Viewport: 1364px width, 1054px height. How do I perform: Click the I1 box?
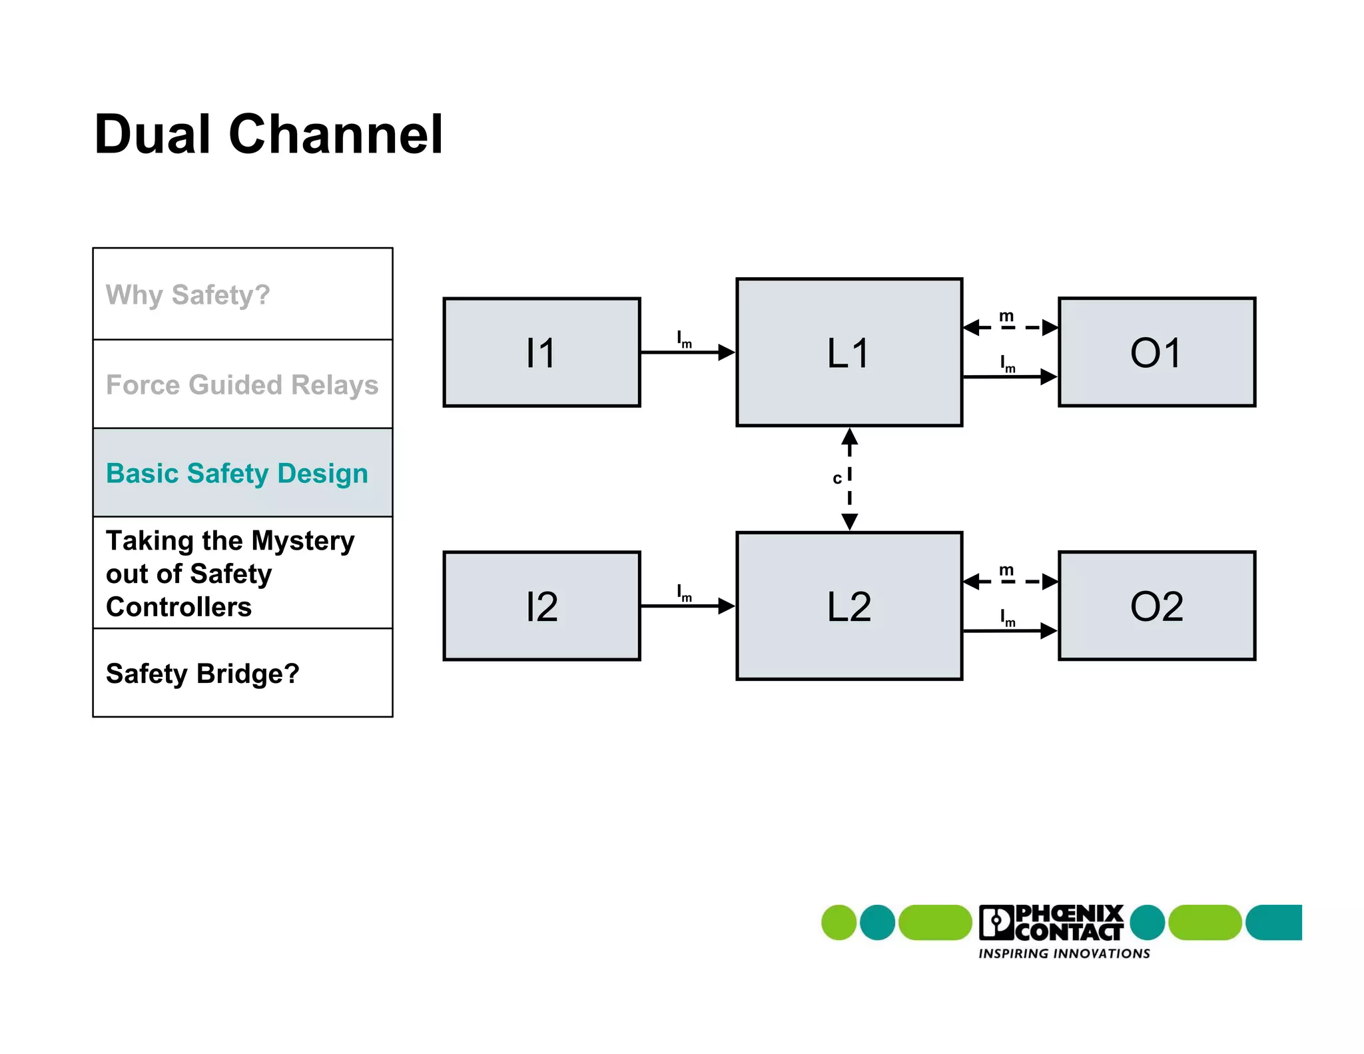(541, 352)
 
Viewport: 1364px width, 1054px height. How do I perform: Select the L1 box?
(849, 352)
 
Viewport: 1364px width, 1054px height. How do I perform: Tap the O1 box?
(1157, 352)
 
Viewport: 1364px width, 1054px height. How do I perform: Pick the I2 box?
(541, 606)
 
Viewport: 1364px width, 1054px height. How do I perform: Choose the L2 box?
(849, 606)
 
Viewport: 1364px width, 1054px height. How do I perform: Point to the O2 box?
(1157, 606)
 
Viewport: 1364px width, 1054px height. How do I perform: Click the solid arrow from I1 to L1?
(686, 352)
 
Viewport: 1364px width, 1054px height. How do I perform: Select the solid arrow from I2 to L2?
(686, 606)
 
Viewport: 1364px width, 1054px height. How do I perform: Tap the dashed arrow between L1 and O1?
(1010, 327)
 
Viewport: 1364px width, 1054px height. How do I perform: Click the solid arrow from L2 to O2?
(1010, 630)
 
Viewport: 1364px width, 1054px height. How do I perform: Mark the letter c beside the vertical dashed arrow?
(837, 478)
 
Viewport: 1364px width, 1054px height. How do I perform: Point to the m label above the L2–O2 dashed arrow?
(1006, 570)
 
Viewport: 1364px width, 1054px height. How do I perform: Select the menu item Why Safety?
(188, 294)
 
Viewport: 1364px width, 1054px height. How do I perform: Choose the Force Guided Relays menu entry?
(242, 385)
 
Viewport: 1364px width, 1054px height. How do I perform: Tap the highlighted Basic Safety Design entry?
(237, 474)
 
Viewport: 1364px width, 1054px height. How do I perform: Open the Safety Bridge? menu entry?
(202, 674)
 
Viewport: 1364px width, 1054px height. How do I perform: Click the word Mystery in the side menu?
(303, 541)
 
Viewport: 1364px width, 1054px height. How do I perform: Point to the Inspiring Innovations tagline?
(1064, 954)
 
